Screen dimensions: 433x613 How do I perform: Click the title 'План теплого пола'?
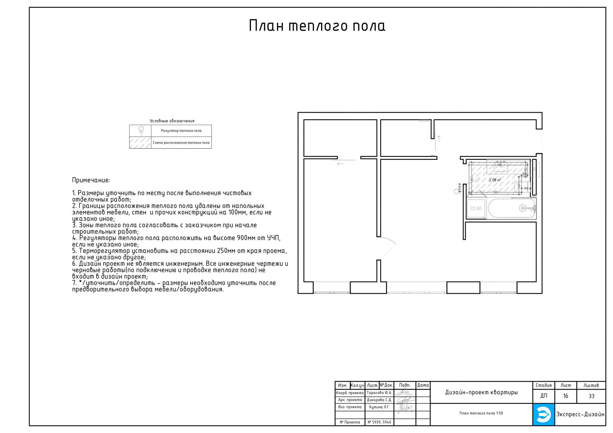317,26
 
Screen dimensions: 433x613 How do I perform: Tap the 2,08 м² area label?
495,180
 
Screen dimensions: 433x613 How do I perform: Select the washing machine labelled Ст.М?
476,208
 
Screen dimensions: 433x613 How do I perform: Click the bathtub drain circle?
523,208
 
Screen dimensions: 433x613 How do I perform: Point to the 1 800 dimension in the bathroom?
495,192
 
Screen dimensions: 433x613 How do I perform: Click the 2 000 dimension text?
498,165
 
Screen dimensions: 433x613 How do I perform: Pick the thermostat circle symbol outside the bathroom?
456,191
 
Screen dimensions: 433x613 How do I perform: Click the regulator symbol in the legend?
141,130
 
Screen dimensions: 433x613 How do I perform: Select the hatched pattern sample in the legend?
140,143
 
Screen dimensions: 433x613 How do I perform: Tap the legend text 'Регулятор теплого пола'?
181,131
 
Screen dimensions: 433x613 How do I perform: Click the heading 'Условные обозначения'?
172,121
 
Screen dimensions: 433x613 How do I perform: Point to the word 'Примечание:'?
91,180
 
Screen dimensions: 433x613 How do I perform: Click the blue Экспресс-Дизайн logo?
543,414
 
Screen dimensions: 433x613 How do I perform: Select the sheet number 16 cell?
565,396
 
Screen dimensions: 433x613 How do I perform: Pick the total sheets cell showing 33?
591,396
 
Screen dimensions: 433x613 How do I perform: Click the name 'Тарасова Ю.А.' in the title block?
379,393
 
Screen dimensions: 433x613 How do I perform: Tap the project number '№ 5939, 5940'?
379,422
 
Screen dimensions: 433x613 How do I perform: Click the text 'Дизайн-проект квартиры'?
481,393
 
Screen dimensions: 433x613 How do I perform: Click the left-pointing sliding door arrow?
340,163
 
